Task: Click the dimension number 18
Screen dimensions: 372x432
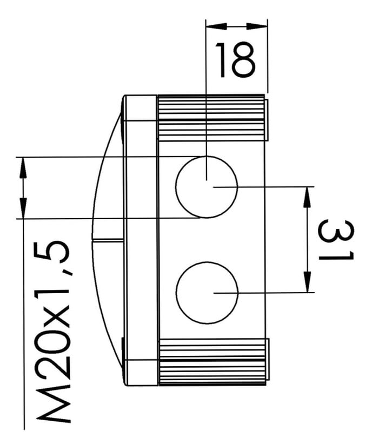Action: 235,60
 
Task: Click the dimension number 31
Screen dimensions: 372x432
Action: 336,240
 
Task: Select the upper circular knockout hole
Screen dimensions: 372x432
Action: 207,187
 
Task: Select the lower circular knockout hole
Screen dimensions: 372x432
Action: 207,293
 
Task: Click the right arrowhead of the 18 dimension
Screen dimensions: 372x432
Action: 257,26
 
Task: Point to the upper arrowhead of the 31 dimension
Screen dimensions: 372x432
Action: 307,197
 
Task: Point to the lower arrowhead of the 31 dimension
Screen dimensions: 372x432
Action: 307,282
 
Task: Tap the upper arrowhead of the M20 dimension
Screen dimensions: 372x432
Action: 23,167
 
